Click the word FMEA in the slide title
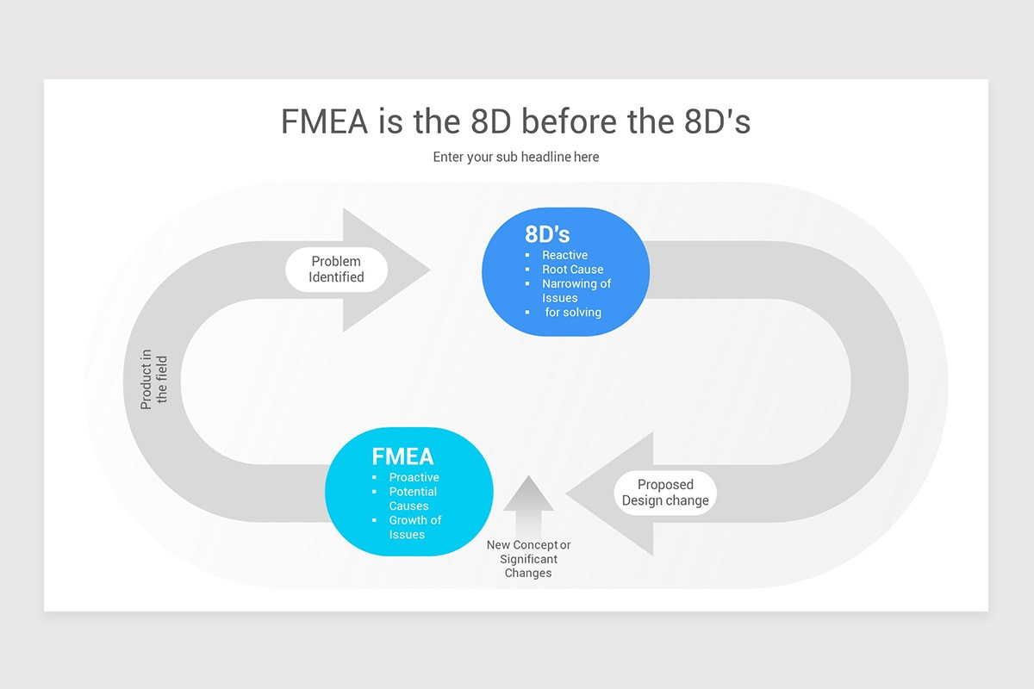(x=325, y=121)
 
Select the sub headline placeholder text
(x=516, y=157)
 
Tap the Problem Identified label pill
(x=336, y=270)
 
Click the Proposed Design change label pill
(x=665, y=493)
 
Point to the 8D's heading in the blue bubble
(x=547, y=233)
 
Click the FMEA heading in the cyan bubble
(x=402, y=456)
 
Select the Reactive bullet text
(x=564, y=255)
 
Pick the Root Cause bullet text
(x=572, y=270)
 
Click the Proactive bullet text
(x=414, y=477)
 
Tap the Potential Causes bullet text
(x=412, y=499)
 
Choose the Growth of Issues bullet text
(x=414, y=527)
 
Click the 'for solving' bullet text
(x=573, y=312)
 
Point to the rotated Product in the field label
(x=154, y=379)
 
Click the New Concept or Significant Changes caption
(x=528, y=559)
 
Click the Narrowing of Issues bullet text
(x=576, y=290)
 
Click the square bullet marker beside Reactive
(x=527, y=255)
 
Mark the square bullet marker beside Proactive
(x=374, y=477)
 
